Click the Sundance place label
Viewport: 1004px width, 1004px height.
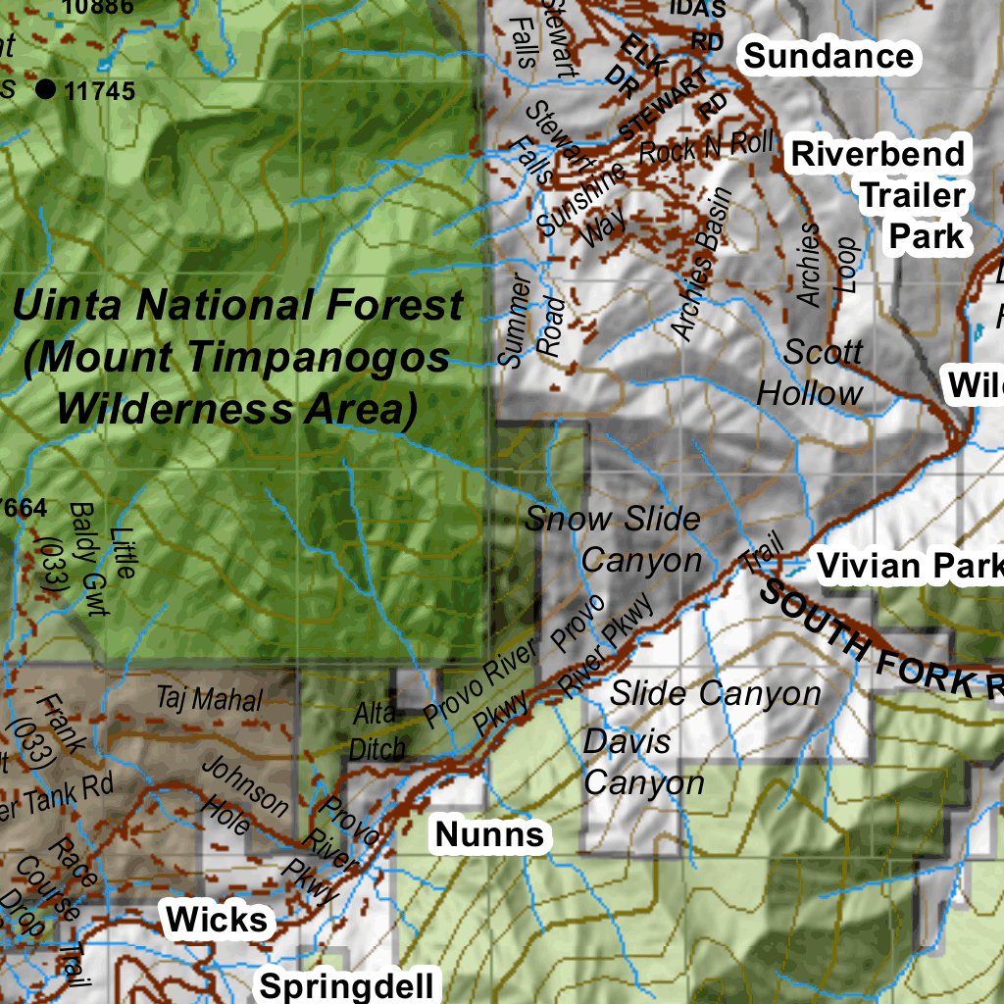[x=828, y=56]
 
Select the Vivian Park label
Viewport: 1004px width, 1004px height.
[x=909, y=566]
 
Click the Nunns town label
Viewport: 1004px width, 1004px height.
[x=489, y=835]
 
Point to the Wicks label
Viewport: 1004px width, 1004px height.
[x=217, y=920]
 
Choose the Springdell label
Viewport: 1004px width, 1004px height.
[x=344, y=985]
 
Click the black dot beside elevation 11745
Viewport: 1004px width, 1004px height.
[x=45, y=90]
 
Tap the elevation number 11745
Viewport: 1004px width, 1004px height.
[x=98, y=91]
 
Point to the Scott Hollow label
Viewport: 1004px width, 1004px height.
[x=810, y=373]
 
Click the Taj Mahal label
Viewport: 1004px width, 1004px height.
[x=210, y=700]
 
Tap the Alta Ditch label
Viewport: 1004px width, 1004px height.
[x=377, y=731]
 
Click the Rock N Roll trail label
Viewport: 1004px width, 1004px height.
[x=706, y=148]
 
